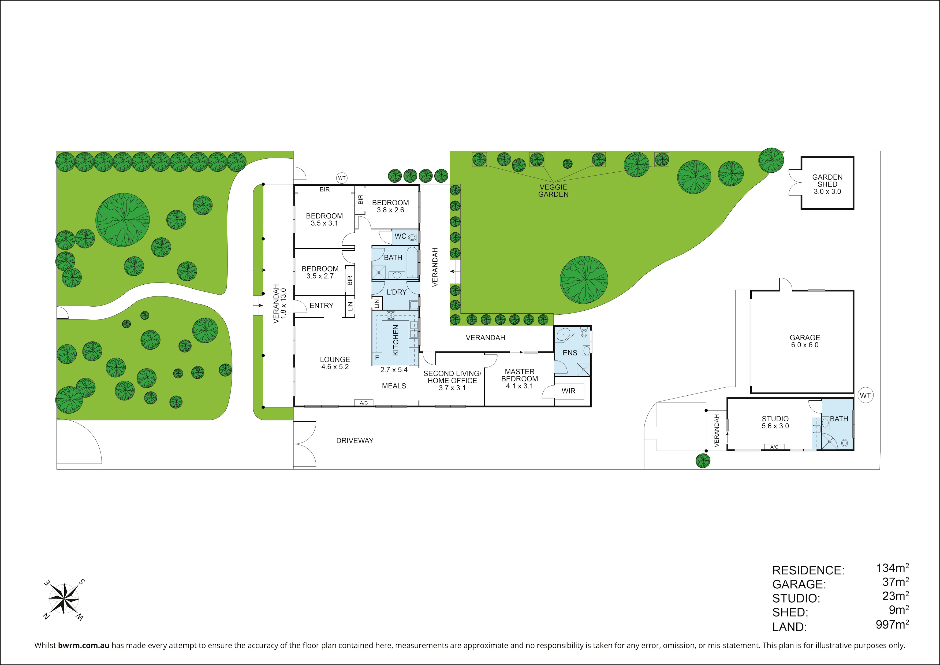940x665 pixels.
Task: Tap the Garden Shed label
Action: (827, 184)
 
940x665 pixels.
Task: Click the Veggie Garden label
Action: (553, 190)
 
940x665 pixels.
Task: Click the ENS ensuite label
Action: (569, 352)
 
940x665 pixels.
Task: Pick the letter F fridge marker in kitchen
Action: (377, 358)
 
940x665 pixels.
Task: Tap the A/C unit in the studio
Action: (774, 447)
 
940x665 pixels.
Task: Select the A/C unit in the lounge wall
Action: (364, 403)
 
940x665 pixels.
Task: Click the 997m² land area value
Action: (892, 625)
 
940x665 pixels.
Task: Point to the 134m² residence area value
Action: (892, 568)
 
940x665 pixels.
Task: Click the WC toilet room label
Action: (400, 236)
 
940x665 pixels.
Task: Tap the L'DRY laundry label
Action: (396, 292)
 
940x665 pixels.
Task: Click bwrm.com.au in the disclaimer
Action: (84, 645)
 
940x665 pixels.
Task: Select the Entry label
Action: (321, 306)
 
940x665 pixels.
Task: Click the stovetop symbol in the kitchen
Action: (391, 315)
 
